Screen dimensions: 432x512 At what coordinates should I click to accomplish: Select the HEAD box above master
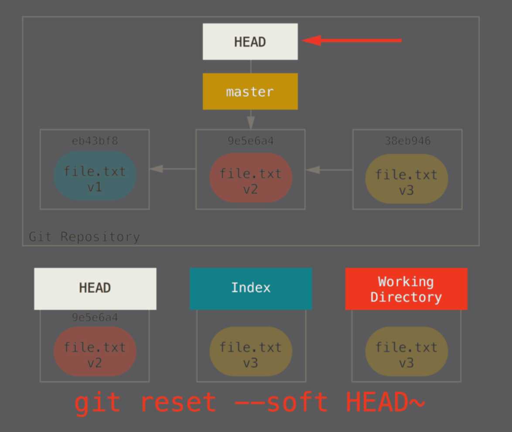(250, 42)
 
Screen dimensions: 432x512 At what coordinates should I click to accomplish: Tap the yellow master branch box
(250, 92)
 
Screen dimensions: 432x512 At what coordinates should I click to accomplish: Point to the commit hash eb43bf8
(95, 141)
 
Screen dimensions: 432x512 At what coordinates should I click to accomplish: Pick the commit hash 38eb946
(407, 141)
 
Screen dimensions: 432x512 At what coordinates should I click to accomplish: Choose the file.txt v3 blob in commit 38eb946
(406, 178)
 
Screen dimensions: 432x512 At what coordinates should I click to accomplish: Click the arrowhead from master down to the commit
(250, 121)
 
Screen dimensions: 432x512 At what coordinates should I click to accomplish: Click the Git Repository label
(84, 237)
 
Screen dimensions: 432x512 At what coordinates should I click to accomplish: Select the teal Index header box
(251, 288)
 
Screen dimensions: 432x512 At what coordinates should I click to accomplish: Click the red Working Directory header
(406, 289)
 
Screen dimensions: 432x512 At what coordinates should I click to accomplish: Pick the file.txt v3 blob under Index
(251, 351)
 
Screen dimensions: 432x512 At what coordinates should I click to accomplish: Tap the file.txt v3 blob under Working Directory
(406, 351)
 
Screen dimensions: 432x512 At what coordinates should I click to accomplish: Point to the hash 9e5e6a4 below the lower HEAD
(95, 317)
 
